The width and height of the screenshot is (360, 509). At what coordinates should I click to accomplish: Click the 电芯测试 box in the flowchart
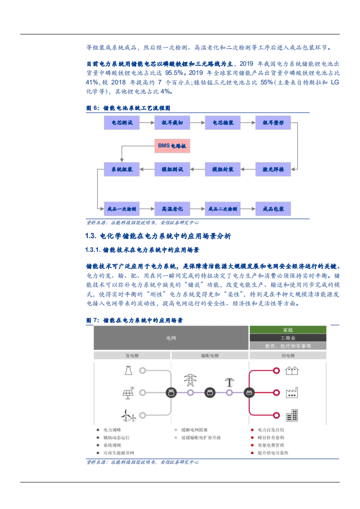122,122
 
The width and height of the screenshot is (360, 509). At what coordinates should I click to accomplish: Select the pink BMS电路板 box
172,146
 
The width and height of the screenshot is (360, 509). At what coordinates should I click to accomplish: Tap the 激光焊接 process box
273,169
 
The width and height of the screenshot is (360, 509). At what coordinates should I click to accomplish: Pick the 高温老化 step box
172,209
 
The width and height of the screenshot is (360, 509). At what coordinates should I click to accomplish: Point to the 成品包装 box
273,209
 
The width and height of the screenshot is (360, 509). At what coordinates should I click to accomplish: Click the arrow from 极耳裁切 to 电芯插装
197,122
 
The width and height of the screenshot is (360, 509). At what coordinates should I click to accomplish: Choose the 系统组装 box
122,169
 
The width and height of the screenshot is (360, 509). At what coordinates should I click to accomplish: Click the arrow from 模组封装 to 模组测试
197,169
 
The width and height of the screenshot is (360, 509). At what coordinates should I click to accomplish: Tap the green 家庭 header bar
288,330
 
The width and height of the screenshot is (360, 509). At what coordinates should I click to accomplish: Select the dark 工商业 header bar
288,338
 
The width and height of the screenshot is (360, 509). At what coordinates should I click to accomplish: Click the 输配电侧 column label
210,355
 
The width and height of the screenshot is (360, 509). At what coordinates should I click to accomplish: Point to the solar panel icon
128,393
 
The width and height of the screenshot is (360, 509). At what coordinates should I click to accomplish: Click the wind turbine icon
128,414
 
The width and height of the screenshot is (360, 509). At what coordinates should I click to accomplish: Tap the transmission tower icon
190,380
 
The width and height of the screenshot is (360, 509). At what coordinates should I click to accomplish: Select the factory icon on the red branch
291,393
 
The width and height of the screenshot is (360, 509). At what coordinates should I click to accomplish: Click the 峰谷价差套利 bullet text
271,438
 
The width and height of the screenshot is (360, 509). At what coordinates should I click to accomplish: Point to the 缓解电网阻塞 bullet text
194,430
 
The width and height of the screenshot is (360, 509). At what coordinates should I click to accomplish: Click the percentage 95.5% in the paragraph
174,73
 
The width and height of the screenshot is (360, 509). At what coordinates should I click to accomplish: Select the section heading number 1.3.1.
93,250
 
